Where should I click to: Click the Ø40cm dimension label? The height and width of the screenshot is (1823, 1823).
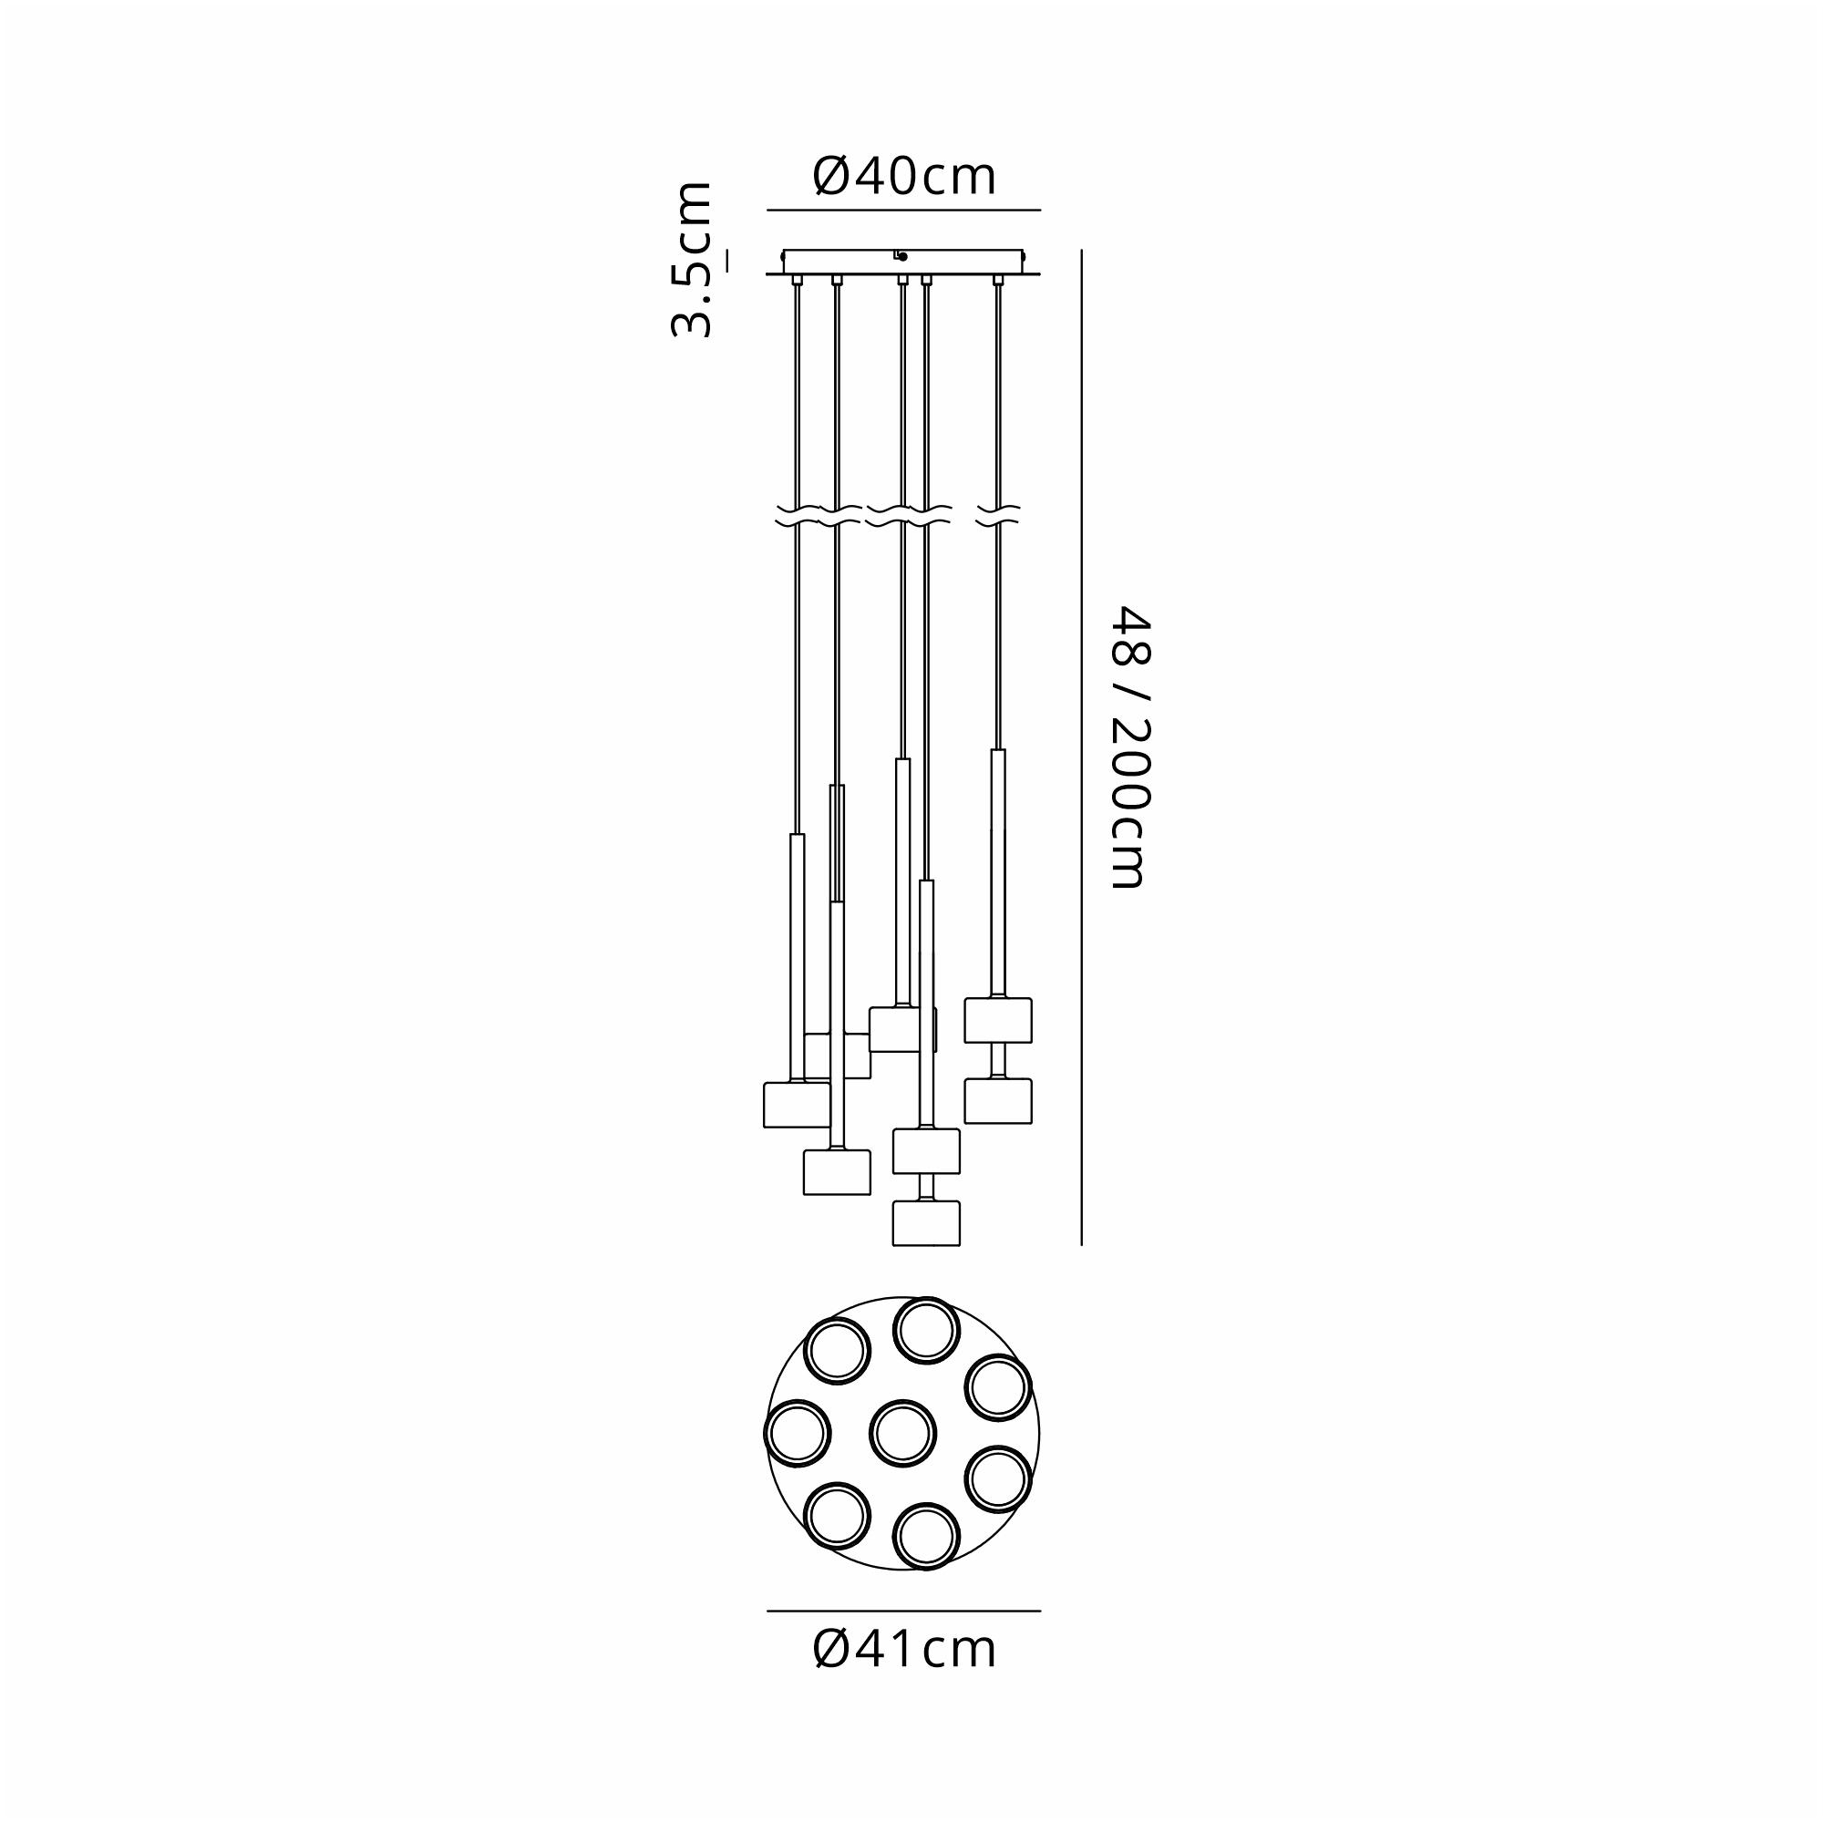point(904,177)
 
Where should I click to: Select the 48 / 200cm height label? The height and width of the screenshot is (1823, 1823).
point(1129,747)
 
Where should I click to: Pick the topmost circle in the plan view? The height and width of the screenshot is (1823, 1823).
point(928,1331)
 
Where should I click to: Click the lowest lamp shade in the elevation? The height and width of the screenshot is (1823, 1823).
point(927,1223)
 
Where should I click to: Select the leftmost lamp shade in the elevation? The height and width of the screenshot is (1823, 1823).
point(797,1104)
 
